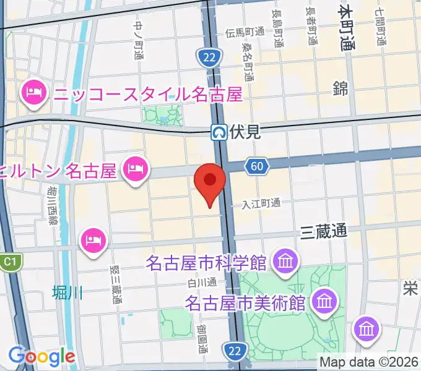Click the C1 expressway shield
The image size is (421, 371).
8,262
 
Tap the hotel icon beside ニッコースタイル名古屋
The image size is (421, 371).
32,94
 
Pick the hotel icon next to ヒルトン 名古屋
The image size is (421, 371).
135,168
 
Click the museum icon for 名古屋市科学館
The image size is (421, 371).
285,262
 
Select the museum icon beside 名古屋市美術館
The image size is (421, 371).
324,302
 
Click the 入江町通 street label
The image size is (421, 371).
261,203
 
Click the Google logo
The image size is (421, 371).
41,356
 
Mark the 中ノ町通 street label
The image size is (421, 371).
138,40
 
